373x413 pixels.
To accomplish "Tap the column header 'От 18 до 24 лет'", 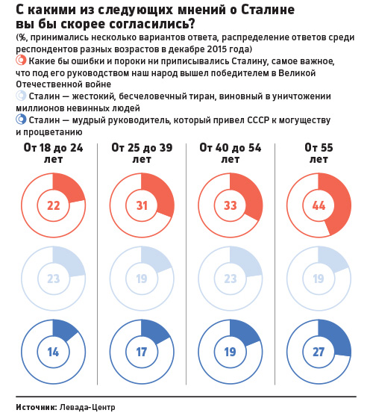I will [x=53, y=154].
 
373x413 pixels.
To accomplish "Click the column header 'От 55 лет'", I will [x=319, y=154].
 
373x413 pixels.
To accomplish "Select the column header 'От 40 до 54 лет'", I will [x=230, y=154].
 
